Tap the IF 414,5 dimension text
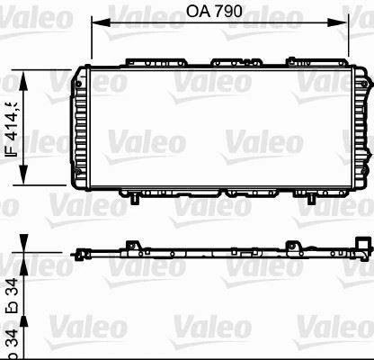(13, 130)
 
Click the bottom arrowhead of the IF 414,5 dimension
(24, 183)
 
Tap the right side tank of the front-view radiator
(363, 128)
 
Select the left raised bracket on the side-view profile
(134, 221)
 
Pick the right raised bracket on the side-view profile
(293, 221)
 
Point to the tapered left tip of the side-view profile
(75, 229)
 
